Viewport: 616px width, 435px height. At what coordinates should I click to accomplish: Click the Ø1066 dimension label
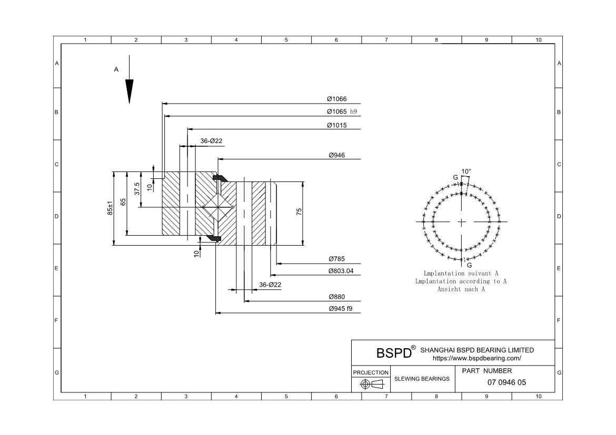pos(336,99)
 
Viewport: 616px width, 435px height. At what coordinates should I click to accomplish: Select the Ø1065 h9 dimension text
pos(342,112)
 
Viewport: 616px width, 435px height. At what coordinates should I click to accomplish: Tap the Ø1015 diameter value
pos(336,125)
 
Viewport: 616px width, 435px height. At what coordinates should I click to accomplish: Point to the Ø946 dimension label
pos(336,155)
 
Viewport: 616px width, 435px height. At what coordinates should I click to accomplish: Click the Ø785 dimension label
pos(336,259)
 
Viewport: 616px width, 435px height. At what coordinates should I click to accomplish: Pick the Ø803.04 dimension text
pos(341,271)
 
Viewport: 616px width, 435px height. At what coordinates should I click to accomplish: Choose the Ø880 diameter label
pos(336,297)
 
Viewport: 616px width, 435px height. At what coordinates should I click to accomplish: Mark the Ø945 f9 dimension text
pos(341,309)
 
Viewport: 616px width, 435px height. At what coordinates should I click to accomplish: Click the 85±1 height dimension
pos(111,208)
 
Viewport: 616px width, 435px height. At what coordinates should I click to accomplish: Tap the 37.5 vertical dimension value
pos(137,189)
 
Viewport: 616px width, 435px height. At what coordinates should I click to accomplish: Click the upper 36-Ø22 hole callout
pos(211,140)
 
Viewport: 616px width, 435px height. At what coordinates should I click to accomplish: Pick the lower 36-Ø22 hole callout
pos(270,285)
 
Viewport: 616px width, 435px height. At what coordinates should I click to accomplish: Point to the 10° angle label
pos(466,171)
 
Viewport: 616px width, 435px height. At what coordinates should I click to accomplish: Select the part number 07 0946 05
pos(506,382)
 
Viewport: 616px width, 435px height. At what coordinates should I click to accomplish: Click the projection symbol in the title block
pos(371,385)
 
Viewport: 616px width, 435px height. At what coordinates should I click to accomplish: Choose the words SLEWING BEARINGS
pos(422,379)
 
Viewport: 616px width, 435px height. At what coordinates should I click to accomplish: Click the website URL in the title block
pos(476,358)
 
